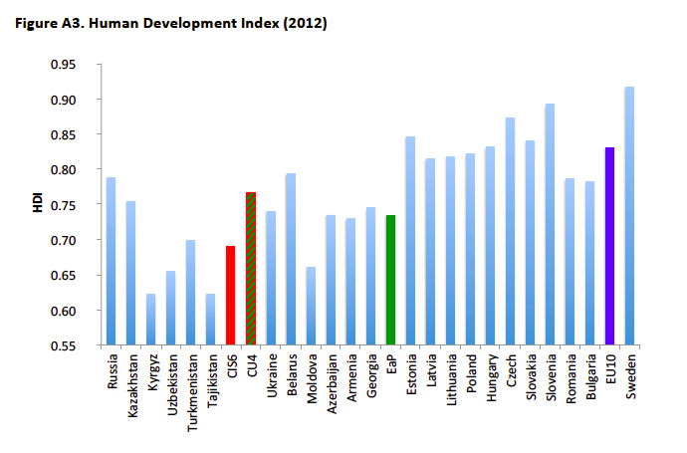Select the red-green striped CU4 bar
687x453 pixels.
point(251,269)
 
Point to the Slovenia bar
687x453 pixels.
point(550,224)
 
